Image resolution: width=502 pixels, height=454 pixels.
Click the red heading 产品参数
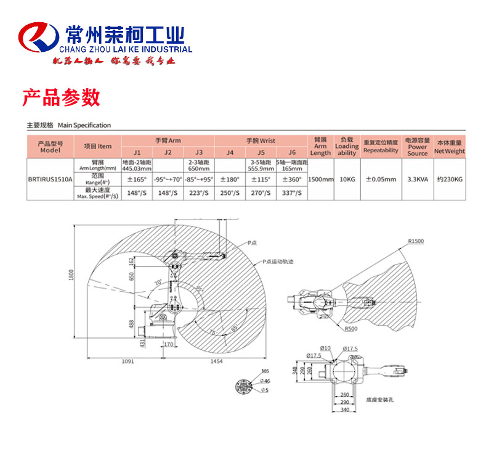[61, 97]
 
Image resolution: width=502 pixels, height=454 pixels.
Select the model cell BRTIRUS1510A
[50, 180]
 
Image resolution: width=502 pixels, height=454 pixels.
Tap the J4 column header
[230, 152]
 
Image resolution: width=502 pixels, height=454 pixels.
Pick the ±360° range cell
[292, 180]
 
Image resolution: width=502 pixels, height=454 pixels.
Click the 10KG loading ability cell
[347, 180]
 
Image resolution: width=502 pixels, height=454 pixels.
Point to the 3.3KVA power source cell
[418, 180]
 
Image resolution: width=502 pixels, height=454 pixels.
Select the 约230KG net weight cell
[450, 180]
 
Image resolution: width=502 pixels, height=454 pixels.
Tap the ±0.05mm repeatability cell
[380, 180]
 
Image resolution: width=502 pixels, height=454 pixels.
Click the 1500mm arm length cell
[320, 180]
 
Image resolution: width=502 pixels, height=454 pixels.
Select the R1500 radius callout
[416, 241]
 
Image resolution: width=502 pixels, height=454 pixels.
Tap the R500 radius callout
[352, 329]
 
